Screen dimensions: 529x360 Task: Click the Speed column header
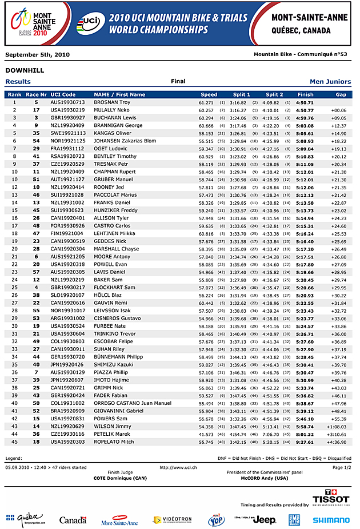coord(209,94)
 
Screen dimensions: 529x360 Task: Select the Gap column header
coord(341,94)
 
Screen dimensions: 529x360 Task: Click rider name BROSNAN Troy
coord(112,102)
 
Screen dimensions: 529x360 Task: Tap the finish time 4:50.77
coord(305,110)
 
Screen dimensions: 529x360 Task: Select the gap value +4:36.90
coord(337,442)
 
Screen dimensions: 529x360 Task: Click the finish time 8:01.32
coord(305,434)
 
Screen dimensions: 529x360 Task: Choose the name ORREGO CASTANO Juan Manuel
coord(133,403)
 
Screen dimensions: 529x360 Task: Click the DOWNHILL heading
coord(25,70)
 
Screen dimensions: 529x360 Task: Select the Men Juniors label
coord(330,82)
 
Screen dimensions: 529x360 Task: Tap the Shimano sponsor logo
coord(331,520)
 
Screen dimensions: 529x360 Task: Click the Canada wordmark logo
coord(73,520)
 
